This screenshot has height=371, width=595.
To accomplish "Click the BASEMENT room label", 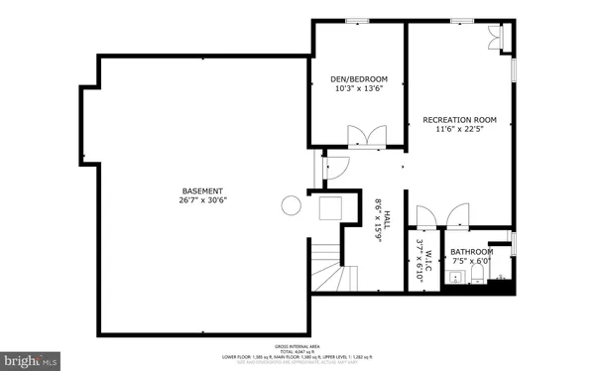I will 202,190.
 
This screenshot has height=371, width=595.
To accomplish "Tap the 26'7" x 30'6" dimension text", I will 202,200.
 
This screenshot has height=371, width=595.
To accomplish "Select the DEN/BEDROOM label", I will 359,79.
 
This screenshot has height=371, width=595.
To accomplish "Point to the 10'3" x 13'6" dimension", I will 359,89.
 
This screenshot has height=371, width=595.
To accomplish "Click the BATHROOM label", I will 472,252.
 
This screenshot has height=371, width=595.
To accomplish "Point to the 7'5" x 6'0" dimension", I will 472,261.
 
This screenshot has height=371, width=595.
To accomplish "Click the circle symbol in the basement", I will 292,205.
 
